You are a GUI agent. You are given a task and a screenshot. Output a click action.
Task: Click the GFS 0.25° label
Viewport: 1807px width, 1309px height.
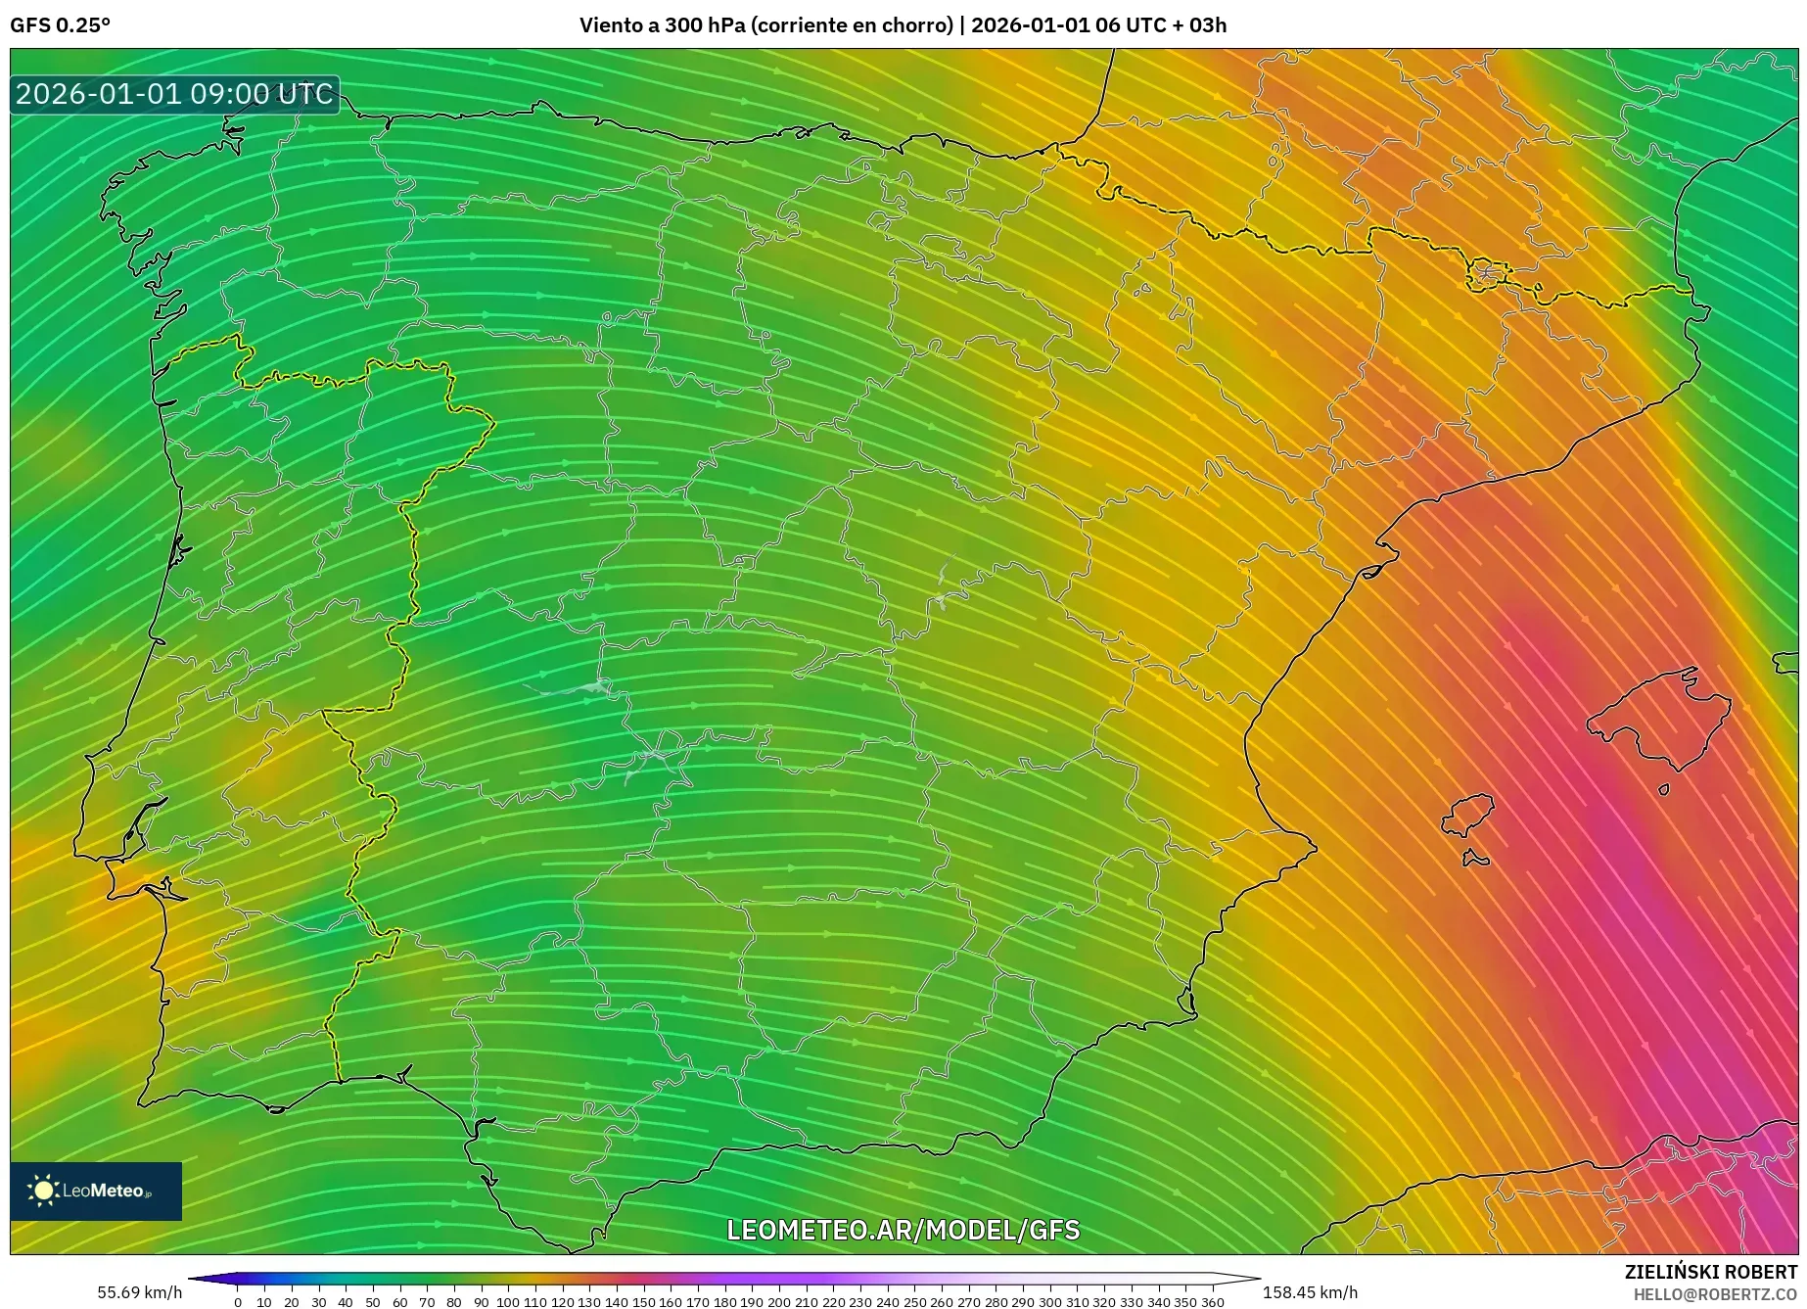tap(60, 25)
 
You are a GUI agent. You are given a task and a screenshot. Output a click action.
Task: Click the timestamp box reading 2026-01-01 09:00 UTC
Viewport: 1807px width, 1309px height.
tap(174, 94)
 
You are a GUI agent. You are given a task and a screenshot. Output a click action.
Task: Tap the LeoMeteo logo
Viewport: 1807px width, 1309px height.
tap(96, 1191)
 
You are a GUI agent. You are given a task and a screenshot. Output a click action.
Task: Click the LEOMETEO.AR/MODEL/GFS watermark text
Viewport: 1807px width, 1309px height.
tap(903, 1230)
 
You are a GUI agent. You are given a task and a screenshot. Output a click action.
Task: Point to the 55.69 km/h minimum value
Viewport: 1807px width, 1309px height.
tap(139, 1292)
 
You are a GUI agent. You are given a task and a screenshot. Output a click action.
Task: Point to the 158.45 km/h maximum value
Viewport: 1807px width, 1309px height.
tap(1310, 1292)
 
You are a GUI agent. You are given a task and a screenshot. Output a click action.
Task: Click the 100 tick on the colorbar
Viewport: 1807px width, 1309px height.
tap(507, 1302)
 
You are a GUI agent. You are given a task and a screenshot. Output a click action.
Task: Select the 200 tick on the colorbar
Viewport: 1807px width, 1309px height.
tap(778, 1302)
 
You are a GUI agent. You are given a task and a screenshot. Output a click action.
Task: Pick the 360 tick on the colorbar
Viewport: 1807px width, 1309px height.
tap(1212, 1302)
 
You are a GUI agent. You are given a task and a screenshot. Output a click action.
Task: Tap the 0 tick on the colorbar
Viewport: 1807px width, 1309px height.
tap(237, 1302)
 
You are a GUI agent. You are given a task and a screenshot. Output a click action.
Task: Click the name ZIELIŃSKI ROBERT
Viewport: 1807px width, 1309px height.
tap(1710, 1272)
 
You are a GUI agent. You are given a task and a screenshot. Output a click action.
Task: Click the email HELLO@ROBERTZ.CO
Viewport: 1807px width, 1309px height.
tap(1714, 1294)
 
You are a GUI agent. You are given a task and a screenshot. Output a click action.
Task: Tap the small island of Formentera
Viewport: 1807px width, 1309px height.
tap(1474, 860)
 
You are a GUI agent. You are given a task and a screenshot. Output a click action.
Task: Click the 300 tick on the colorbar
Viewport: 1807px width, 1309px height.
tap(1049, 1302)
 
